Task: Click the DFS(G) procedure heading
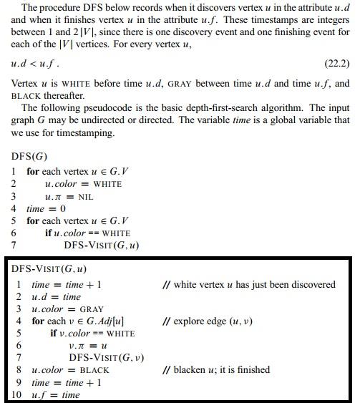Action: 29,157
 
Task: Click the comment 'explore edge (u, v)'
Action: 208,321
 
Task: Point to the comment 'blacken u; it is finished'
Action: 216,370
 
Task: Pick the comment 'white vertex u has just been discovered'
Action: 249,284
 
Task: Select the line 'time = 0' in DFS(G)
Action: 46,208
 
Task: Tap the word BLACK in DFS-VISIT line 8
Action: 94,370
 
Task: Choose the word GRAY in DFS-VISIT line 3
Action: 91,309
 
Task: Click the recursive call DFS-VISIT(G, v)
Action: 106,358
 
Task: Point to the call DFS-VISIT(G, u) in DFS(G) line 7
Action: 101,246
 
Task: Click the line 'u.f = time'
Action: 56,395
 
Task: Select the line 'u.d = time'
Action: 56,296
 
